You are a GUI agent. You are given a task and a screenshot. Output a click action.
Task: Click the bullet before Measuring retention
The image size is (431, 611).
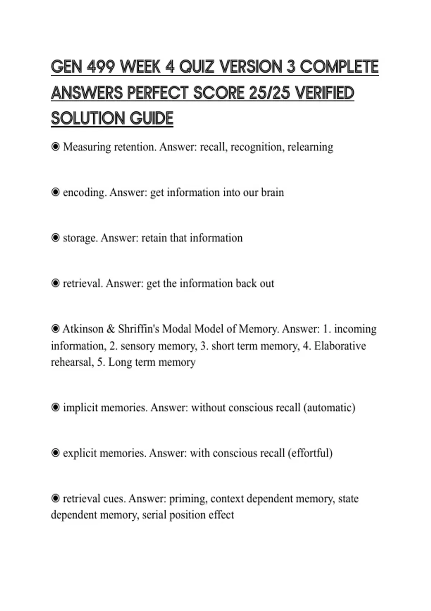pyautogui.click(x=55, y=147)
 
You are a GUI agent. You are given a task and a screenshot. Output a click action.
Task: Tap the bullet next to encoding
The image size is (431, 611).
pyautogui.click(x=55, y=192)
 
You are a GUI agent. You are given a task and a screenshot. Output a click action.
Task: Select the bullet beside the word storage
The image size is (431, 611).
pyautogui.click(x=55, y=238)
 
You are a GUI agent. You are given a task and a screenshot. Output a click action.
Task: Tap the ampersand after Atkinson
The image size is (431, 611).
pyautogui.click(x=111, y=329)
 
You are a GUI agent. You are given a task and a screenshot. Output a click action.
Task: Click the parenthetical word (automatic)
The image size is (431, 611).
pyautogui.click(x=329, y=408)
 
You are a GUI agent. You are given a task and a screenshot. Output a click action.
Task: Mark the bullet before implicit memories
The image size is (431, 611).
pyautogui.click(x=55, y=408)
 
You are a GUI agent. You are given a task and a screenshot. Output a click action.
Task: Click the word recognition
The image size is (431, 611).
pyautogui.click(x=256, y=147)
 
